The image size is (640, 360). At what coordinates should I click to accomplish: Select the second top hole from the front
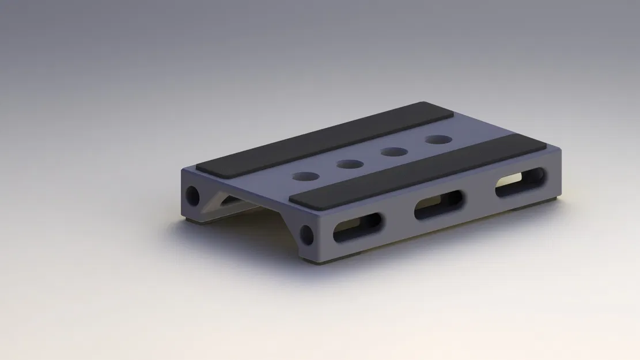click(x=350, y=164)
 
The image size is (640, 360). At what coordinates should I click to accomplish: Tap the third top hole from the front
click(x=394, y=152)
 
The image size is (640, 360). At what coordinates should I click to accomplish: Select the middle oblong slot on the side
click(x=439, y=204)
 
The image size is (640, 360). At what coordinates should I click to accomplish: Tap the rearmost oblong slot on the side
click(x=520, y=182)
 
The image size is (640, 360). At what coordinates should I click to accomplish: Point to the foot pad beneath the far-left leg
click(x=193, y=219)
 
